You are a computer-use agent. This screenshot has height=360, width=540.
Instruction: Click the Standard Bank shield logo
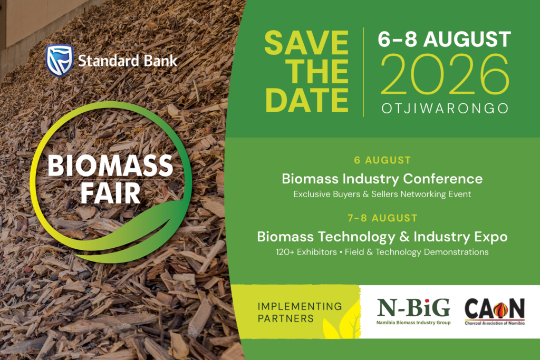pos(60,60)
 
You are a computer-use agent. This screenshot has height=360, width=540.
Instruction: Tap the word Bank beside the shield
pos(160,61)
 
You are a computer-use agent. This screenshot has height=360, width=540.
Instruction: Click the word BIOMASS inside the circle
pos(110,166)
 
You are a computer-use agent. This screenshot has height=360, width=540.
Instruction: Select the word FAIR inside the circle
pos(111,193)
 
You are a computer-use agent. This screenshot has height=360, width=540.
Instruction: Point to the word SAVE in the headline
pos(306,43)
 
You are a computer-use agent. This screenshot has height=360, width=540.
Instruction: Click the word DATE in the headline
pos(307,100)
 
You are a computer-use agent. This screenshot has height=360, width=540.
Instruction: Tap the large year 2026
pos(445,74)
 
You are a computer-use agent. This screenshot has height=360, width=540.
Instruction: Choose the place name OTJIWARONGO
pos(445,109)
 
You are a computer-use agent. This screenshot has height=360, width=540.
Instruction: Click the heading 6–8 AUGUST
pos(444,39)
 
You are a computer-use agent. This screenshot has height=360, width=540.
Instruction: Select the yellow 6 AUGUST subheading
pos(382,160)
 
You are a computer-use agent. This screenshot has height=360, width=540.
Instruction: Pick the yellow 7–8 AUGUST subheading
pos(382,218)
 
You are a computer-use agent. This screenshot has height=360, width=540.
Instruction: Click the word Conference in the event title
pos(442,179)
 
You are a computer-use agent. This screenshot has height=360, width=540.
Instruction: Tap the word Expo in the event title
pos(491,237)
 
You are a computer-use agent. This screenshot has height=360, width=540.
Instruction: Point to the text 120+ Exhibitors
pos(306,252)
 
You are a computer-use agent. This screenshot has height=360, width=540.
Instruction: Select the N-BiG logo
pos(413,312)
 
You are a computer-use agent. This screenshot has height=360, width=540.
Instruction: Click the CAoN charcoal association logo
pos(495,312)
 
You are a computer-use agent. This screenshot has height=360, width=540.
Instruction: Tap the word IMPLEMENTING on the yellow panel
pos(300,306)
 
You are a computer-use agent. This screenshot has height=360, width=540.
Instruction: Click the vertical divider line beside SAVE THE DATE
pos(364,72)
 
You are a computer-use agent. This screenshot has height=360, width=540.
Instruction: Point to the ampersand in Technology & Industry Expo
pos(404,237)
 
